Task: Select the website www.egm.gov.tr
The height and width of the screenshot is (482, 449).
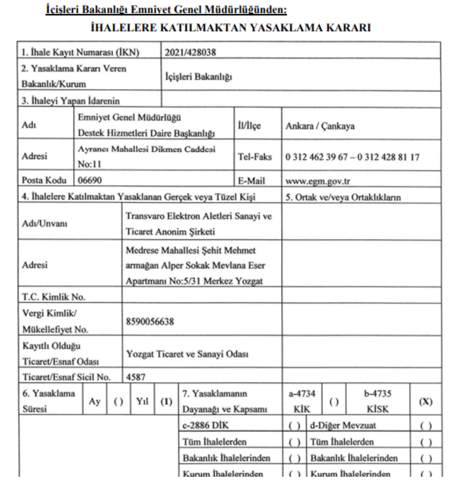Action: tap(315, 180)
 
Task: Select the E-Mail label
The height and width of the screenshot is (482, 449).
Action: tap(252, 180)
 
